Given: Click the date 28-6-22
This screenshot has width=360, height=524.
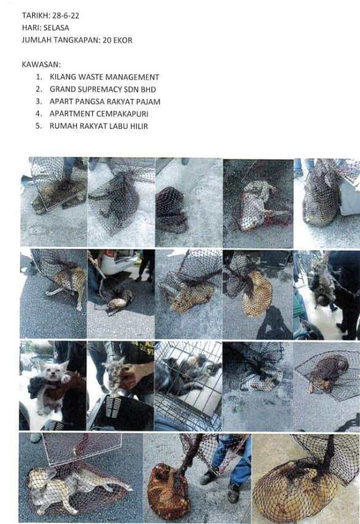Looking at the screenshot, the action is (65, 16).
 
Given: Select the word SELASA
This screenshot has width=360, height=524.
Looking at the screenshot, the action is (56, 28).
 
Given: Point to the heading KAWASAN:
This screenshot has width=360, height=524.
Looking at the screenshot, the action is (41, 64).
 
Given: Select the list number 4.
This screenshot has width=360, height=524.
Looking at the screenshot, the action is (39, 114).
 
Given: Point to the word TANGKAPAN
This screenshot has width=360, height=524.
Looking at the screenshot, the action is (77, 40).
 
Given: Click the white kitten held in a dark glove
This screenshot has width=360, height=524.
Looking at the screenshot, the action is (52, 384).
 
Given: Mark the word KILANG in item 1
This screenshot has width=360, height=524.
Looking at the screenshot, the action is (63, 77).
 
